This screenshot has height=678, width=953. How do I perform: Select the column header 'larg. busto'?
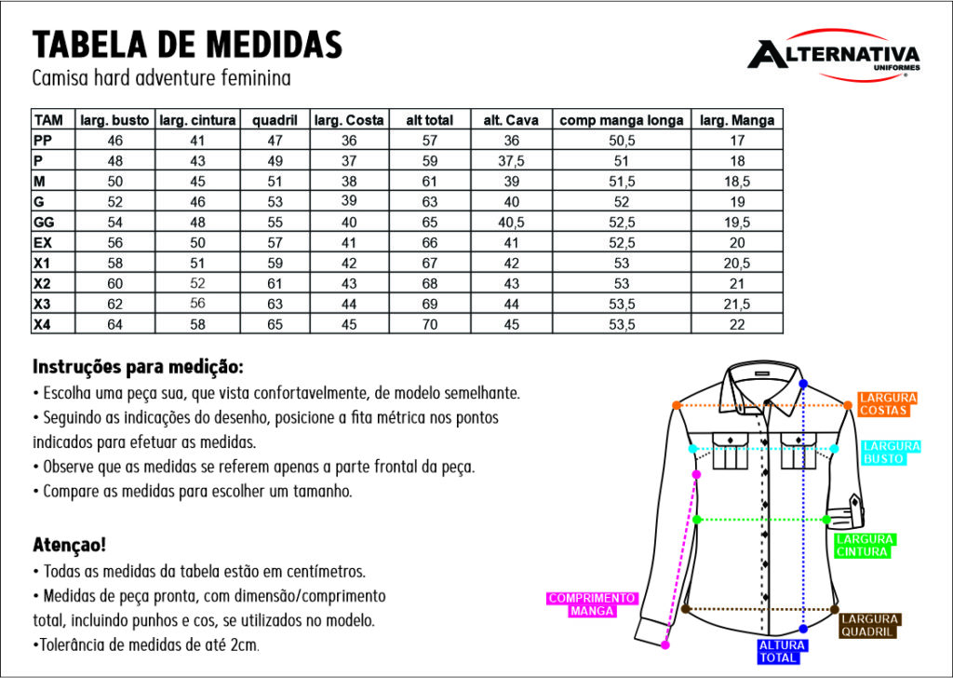pos(114,120)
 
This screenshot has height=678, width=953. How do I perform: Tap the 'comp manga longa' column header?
pos(622,120)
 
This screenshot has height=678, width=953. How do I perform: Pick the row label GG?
pos(44,223)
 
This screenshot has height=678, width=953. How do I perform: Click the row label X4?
pos(42,325)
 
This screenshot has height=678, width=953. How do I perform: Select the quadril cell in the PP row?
pos(275,141)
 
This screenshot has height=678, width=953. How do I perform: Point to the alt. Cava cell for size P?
pos(512,161)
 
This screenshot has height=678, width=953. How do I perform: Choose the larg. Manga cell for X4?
pos(737,325)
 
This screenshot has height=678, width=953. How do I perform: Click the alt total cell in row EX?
pos(429,243)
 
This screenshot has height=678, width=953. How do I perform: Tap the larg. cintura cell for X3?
pos(197,305)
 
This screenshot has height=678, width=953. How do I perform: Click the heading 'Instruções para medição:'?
pos(138,366)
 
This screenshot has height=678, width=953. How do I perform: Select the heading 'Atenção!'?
pos(69,544)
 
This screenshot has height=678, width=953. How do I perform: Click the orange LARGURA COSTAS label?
pos(887,404)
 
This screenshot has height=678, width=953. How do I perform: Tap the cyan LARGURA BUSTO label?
pos(891,453)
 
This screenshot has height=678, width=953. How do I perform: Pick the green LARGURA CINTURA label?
pos(864,546)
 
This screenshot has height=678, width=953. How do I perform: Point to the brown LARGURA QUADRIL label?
pos(869,625)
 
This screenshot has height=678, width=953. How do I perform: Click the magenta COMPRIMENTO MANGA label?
pos(591,604)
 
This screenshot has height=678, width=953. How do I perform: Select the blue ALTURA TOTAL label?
pos(782,651)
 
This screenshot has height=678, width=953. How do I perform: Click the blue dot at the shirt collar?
pos(803,384)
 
